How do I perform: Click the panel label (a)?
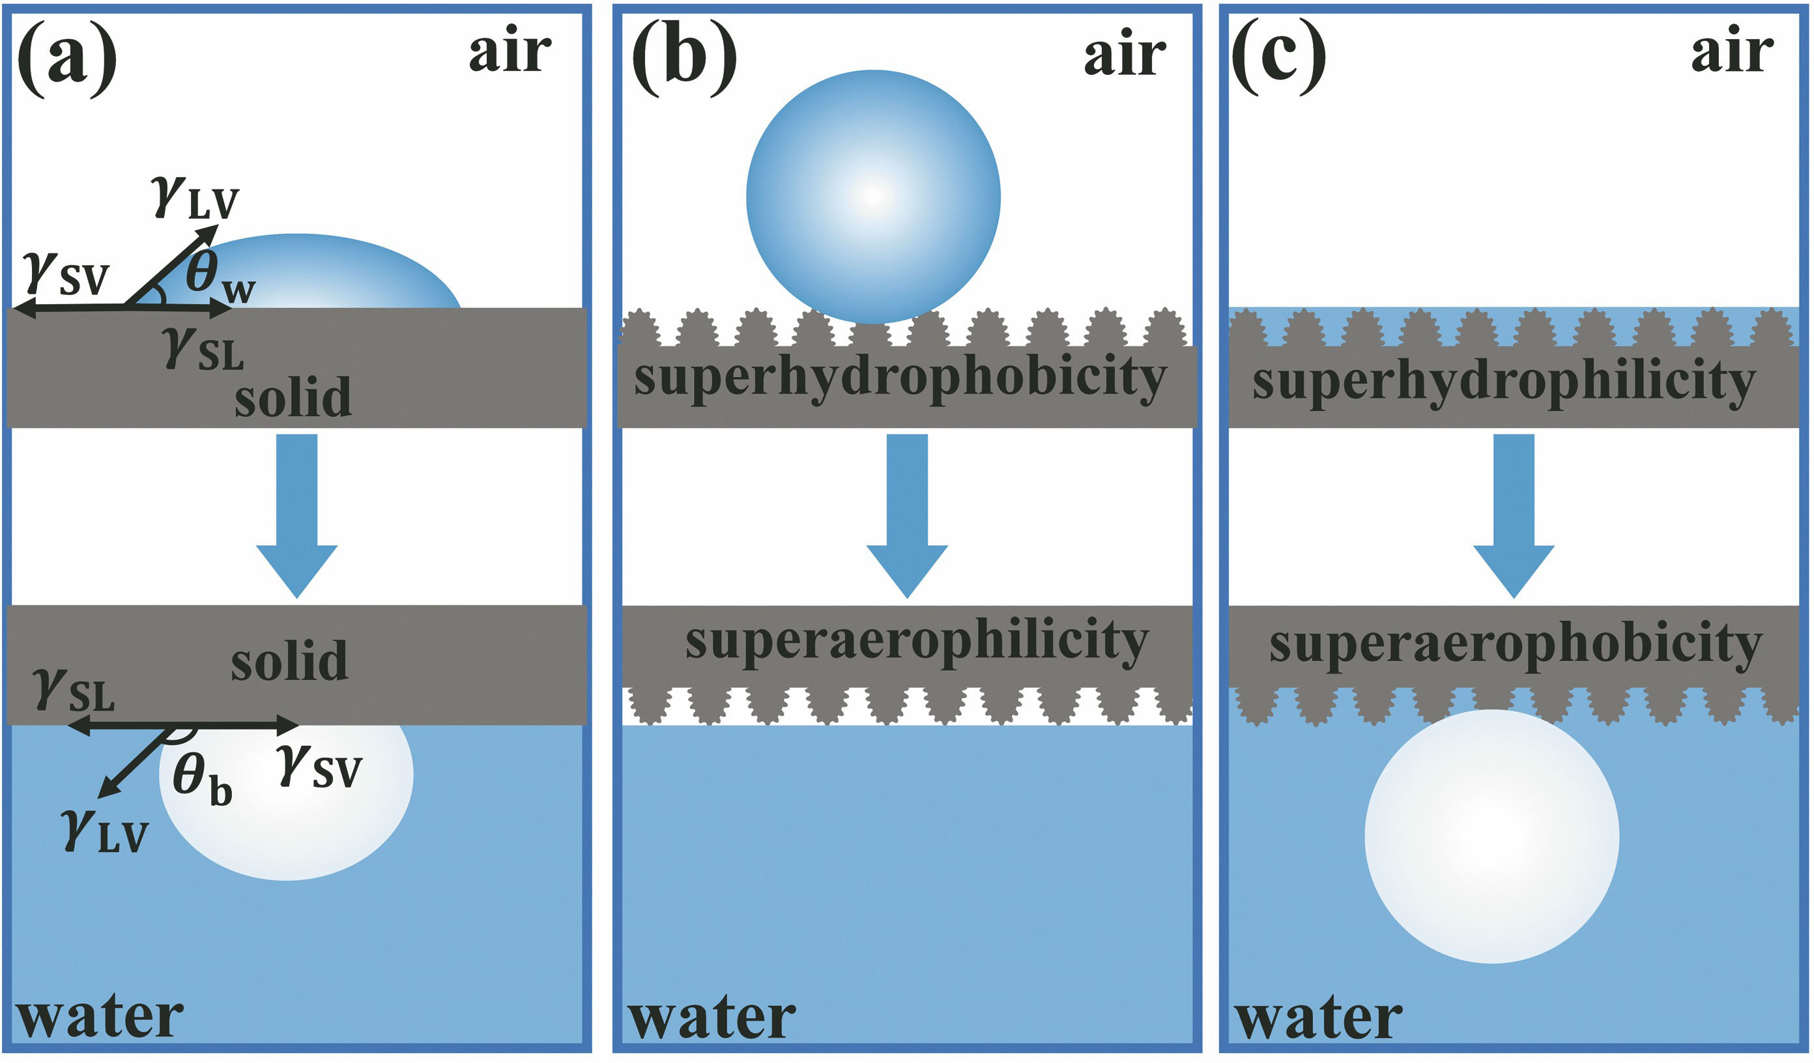66,59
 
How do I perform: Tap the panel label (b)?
684,59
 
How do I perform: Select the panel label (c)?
1279,59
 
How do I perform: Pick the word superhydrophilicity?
1504,382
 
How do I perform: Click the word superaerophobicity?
1516,645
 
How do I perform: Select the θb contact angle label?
201,780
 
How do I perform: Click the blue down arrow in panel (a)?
296,515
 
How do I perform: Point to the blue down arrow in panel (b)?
906,515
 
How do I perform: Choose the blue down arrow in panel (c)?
1514,515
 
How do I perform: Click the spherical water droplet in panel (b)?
873,197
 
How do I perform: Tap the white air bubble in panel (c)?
1491,836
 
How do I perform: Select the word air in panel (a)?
510,52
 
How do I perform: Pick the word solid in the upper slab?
293,397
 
